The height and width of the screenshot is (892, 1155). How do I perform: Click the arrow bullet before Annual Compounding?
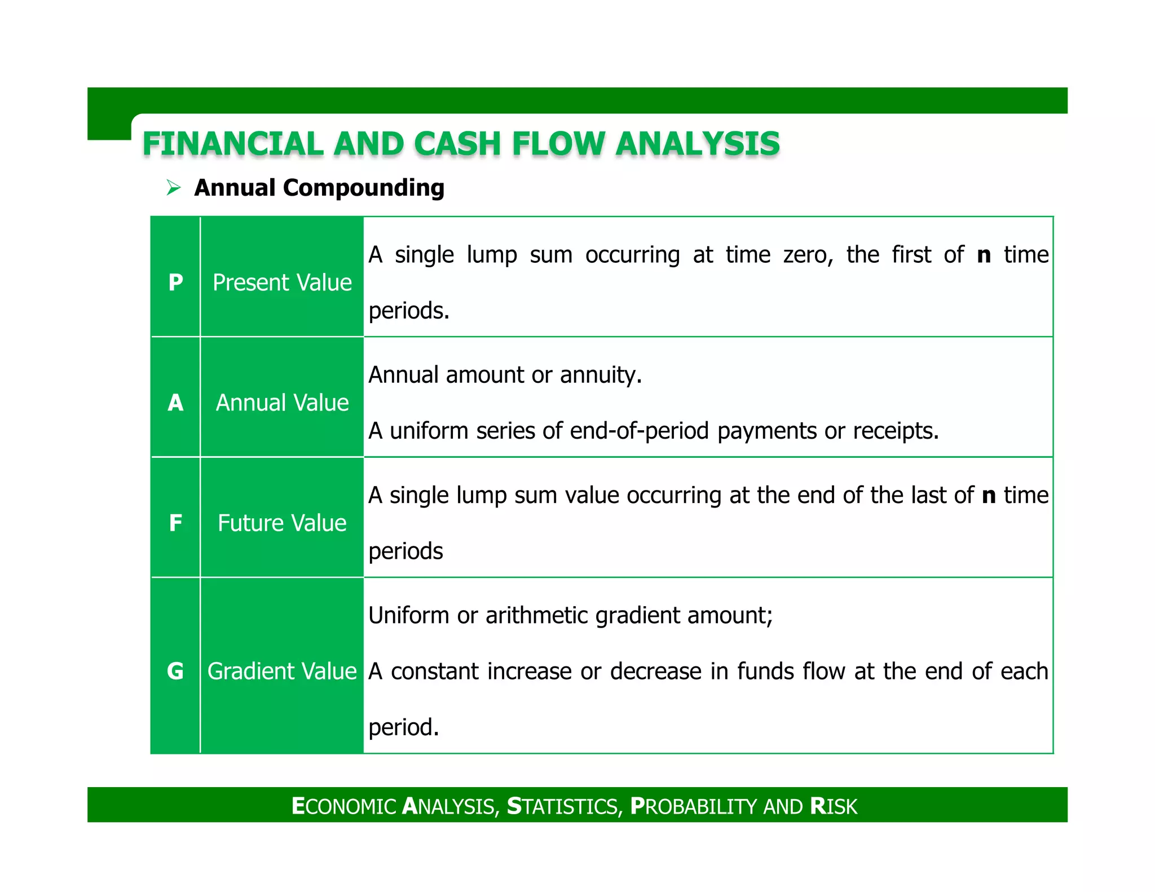click(x=173, y=187)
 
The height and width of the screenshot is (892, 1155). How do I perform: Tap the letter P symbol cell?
click(x=175, y=282)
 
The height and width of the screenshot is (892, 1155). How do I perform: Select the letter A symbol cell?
click(x=175, y=403)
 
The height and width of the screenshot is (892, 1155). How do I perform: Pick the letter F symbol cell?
click(x=175, y=523)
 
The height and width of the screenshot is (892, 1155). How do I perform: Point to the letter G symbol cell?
click(x=175, y=671)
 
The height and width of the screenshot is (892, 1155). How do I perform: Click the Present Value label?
click(x=282, y=282)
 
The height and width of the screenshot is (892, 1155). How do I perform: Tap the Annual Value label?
click(x=282, y=403)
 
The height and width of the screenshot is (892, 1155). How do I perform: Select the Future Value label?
click(x=282, y=523)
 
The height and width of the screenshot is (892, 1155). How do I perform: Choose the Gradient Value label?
click(x=282, y=671)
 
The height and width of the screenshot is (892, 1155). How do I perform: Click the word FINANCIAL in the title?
click(x=233, y=144)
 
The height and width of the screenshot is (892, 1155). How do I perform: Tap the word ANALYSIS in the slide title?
click(x=698, y=144)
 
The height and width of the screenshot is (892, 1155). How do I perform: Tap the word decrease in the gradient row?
click(x=654, y=672)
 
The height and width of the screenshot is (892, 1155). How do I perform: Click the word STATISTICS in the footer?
click(x=564, y=806)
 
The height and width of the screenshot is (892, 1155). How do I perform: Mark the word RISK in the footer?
click(x=834, y=806)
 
